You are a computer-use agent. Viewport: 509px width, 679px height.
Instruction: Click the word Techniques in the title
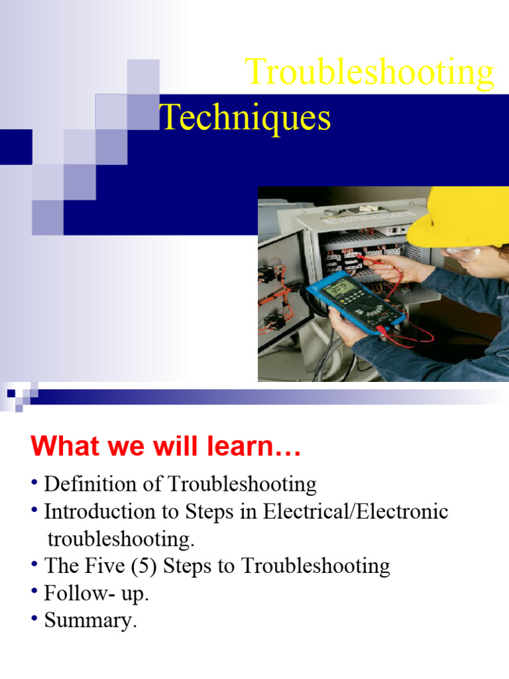tap(245, 118)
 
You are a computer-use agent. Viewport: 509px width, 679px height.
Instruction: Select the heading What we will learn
tap(166, 446)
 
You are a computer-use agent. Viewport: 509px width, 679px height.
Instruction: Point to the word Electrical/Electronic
tap(355, 512)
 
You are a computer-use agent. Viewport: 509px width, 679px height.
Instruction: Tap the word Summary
tap(90, 621)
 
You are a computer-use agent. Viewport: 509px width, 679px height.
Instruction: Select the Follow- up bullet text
tap(96, 593)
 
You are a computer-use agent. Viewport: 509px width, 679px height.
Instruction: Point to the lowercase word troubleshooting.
tap(121, 539)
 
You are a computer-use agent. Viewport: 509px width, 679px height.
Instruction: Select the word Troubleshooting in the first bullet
tap(242, 484)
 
